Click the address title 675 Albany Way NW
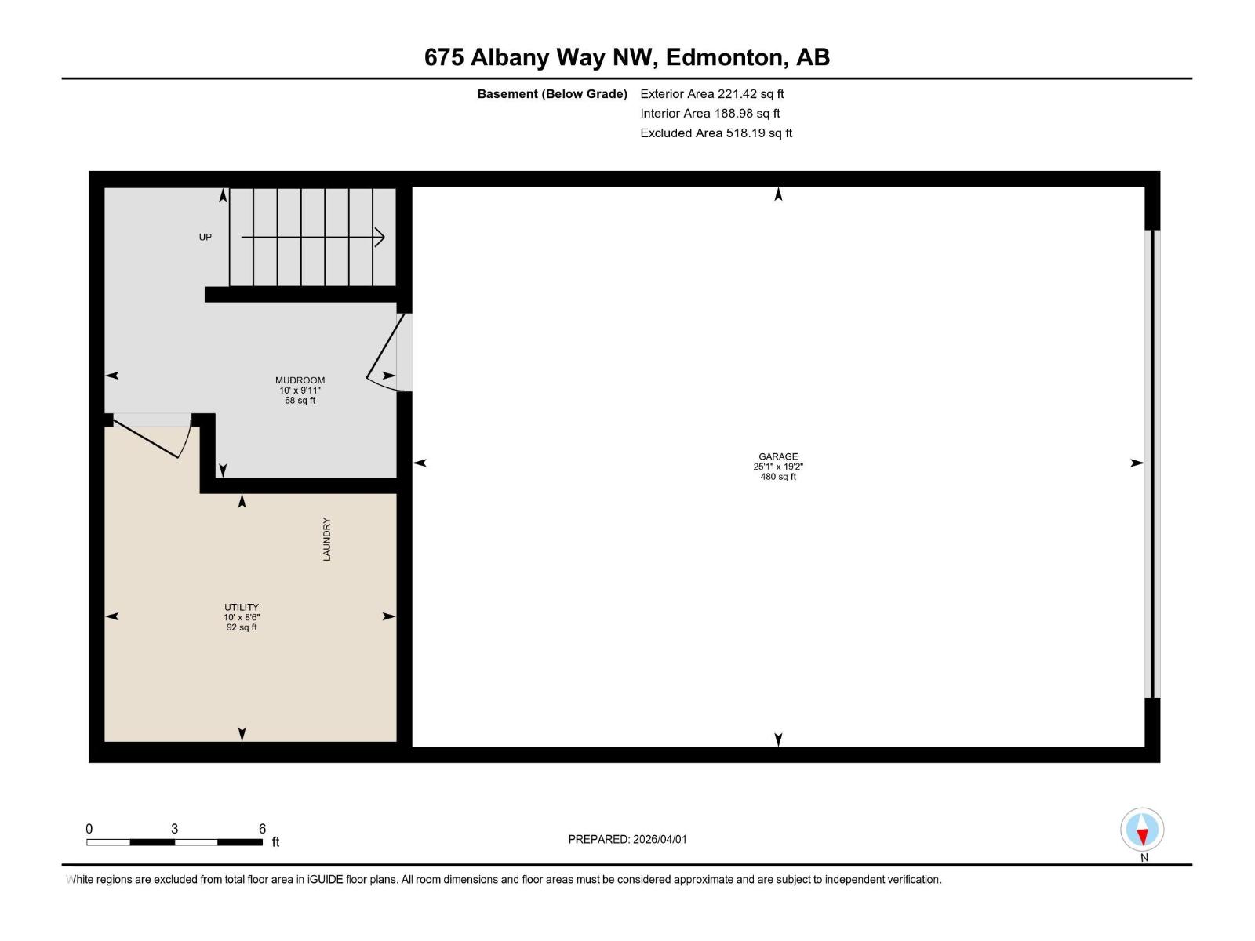(627, 57)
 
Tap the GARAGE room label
(777, 456)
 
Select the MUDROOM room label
(300, 380)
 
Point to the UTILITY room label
(242, 607)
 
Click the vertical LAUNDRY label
(327, 539)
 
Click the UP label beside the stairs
(205, 237)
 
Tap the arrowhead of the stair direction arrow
(380, 237)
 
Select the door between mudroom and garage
(388, 352)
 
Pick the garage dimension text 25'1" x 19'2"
(777, 467)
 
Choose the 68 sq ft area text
(300, 401)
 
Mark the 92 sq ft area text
(242, 627)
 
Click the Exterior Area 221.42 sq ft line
(711, 94)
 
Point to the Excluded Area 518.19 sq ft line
(715, 133)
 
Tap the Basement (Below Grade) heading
(552, 94)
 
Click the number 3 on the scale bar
(174, 829)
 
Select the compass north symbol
(1142, 831)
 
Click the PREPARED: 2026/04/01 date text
(627, 839)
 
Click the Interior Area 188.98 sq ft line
(710, 114)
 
